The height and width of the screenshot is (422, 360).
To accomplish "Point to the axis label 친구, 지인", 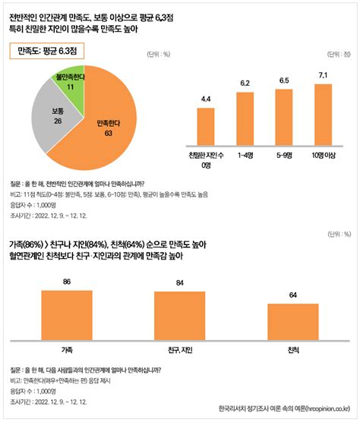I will [x=179, y=349].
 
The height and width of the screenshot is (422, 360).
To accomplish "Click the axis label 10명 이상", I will [x=324, y=156].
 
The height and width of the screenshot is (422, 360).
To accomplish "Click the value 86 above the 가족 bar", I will [x=66, y=282].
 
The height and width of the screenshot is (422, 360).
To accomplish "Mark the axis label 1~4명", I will [x=245, y=156].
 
